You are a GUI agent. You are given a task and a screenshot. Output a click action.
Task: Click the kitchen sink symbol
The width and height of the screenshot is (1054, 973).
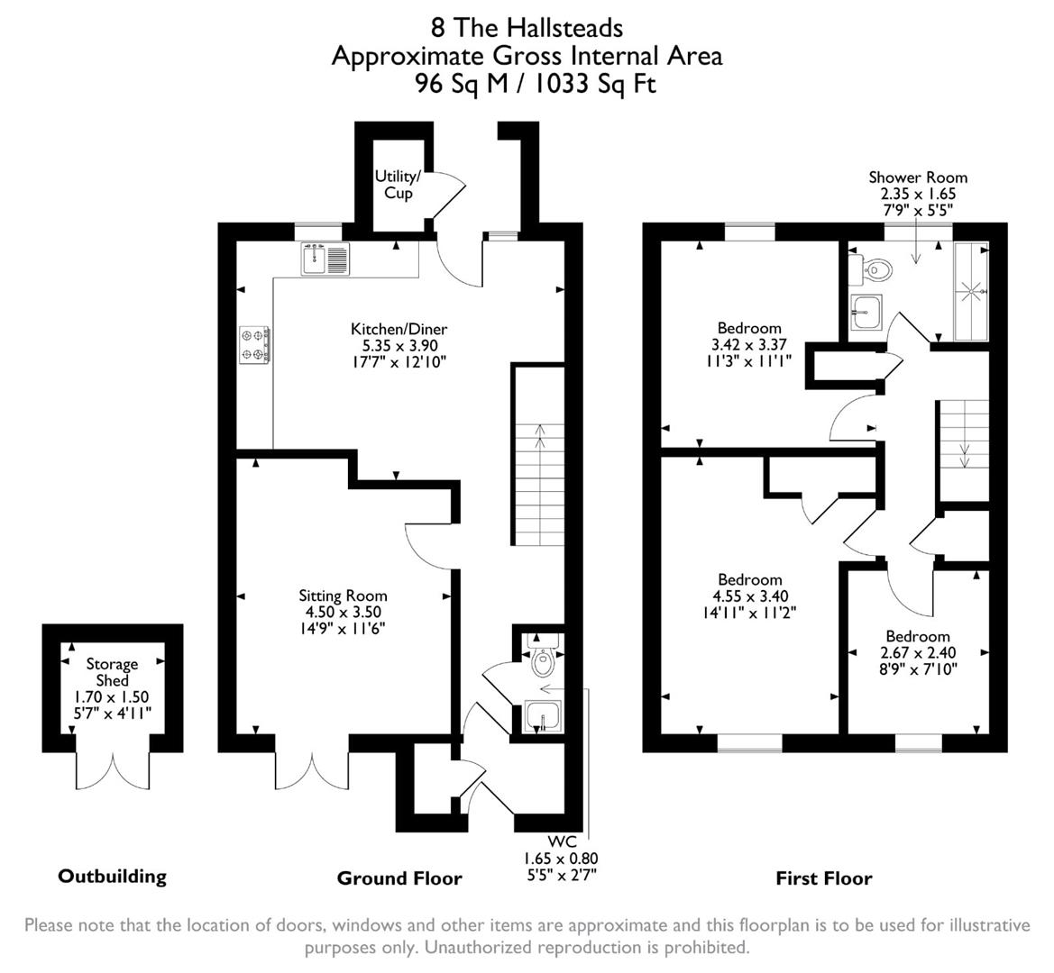pyautogui.click(x=324, y=259)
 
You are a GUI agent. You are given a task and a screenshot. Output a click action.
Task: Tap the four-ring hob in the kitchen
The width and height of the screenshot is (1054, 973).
pyautogui.click(x=254, y=345)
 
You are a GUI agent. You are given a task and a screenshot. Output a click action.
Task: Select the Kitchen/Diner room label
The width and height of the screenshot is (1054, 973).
pyautogui.click(x=399, y=329)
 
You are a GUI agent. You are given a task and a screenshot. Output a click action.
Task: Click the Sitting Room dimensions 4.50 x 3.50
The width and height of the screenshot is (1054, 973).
pyautogui.click(x=343, y=613)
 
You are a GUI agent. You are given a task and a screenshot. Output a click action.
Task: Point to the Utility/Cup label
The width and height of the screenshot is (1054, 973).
pyautogui.click(x=398, y=185)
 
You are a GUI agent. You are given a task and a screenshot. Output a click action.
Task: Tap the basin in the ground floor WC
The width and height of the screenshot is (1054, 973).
pyautogui.click(x=543, y=716)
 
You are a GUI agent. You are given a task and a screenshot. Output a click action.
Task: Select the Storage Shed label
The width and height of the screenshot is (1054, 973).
pyautogui.click(x=112, y=672)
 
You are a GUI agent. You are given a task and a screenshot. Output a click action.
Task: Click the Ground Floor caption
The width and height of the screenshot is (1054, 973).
pyautogui.click(x=399, y=878)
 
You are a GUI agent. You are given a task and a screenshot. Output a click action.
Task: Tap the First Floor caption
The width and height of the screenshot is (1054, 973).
pyautogui.click(x=824, y=878)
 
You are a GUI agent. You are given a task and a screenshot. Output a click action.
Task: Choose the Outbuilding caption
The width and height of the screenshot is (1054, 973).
pyautogui.click(x=112, y=876)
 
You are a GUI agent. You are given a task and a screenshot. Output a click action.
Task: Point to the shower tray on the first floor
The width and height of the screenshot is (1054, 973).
pyautogui.click(x=971, y=290)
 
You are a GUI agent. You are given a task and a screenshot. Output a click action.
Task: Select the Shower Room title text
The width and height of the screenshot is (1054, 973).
pyautogui.click(x=918, y=177)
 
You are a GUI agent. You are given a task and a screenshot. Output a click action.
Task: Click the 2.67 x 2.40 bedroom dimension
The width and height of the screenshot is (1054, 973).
pyautogui.click(x=917, y=653)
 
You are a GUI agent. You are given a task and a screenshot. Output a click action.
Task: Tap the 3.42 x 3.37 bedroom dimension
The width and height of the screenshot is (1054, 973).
pyautogui.click(x=749, y=344)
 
